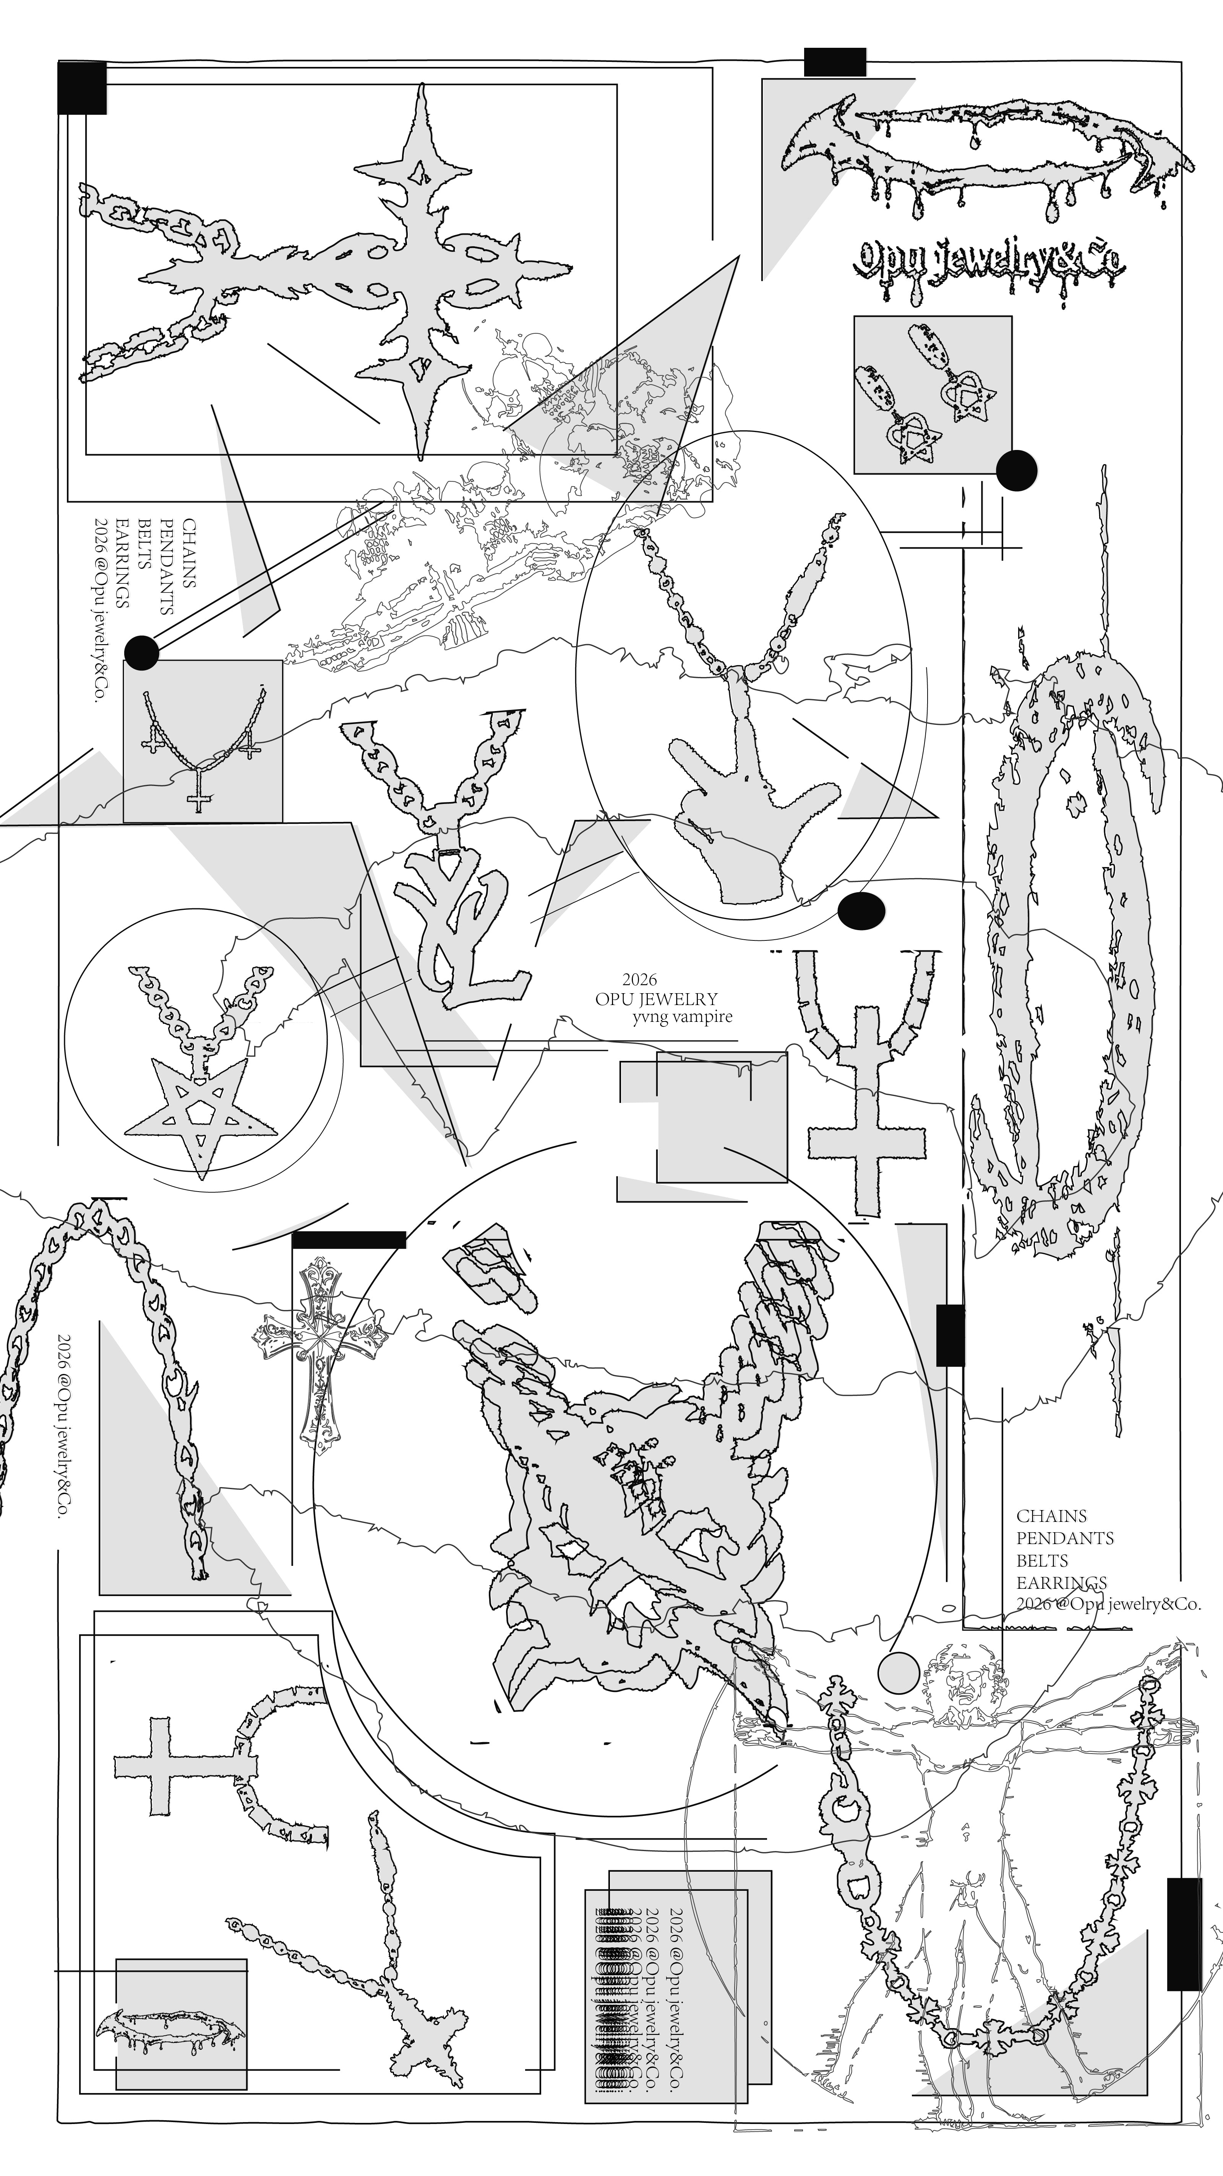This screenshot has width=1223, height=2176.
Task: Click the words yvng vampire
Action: click(683, 1017)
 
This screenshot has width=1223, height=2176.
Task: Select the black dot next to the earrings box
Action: click(1016, 471)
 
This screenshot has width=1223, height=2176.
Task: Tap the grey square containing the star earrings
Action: click(933, 395)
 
